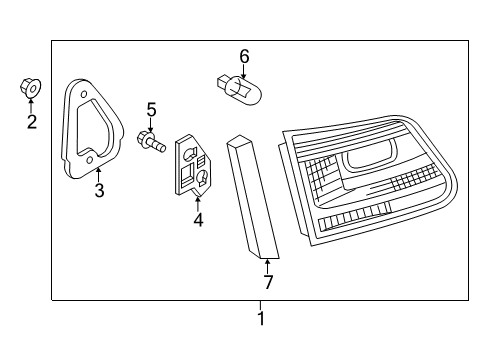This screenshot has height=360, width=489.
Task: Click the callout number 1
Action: [261, 318]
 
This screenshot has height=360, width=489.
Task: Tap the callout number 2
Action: [32, 122]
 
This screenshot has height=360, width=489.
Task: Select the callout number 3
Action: [99, 190]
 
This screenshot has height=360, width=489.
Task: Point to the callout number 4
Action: [198, 220]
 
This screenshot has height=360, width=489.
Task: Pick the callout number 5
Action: [151, 110]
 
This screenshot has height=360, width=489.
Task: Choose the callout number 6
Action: [244, 56]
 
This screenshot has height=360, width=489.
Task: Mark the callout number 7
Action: [268, 282]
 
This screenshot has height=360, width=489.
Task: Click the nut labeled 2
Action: [30, 88]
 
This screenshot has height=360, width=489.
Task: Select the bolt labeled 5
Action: [151, 141]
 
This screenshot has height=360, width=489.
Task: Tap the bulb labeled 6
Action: [239, 89]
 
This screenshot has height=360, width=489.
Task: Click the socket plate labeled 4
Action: [193, 165]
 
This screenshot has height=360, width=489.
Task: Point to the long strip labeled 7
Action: [253, 197]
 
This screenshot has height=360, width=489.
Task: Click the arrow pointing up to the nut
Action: [31, 105]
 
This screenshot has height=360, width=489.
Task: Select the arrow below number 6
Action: [244, 71]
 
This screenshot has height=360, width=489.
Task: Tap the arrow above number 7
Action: [267, 267]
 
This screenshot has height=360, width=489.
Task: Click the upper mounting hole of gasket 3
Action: [84, 94]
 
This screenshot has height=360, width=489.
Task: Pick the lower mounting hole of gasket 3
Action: [89, 161]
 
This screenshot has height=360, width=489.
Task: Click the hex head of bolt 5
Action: [143, 140]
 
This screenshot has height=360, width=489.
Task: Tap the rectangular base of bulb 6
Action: [222, 82]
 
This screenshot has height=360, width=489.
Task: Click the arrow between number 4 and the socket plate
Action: [198, 204]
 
